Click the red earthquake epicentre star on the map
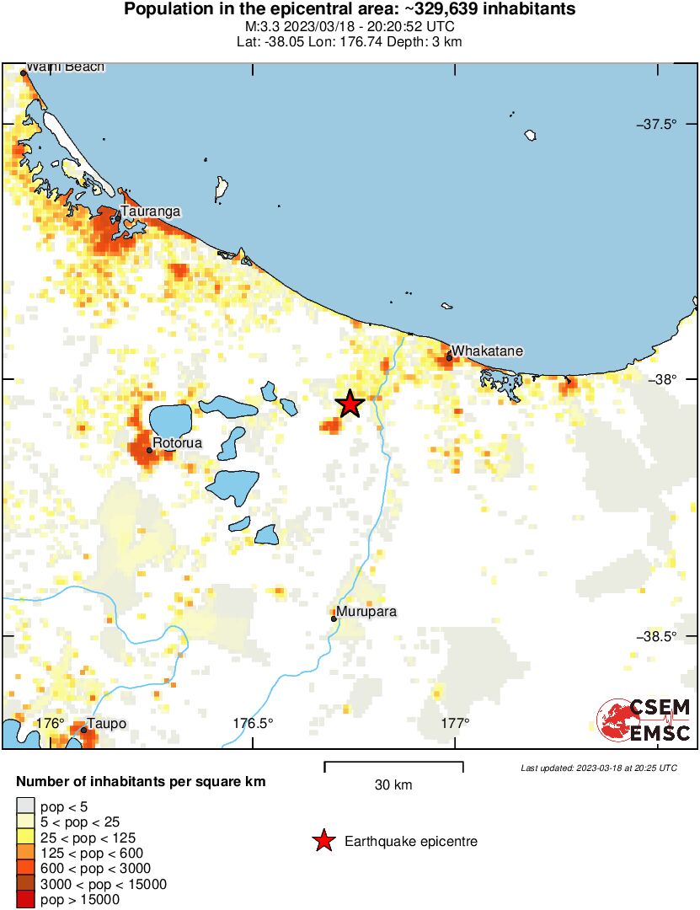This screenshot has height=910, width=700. tap(350, 404)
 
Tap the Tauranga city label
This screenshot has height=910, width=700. tap(150, 211)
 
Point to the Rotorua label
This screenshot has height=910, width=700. tap(178, 442)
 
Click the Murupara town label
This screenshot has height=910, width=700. tap(366, 612)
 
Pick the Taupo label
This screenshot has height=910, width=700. tap(107, 724)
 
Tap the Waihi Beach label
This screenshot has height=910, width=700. tap(66, 67)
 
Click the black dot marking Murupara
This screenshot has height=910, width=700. tap(334, 618)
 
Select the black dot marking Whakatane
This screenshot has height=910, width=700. tap(450, 357)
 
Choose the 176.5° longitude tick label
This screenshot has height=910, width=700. tap(254, 723)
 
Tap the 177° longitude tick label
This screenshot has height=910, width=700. tap(455, 723)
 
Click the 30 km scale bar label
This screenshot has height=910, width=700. tap(393, 785)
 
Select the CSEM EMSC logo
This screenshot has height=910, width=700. tap(644, 720)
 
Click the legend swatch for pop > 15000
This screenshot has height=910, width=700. tap(26, 900)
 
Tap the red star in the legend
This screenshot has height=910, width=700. tap(322, 841)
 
